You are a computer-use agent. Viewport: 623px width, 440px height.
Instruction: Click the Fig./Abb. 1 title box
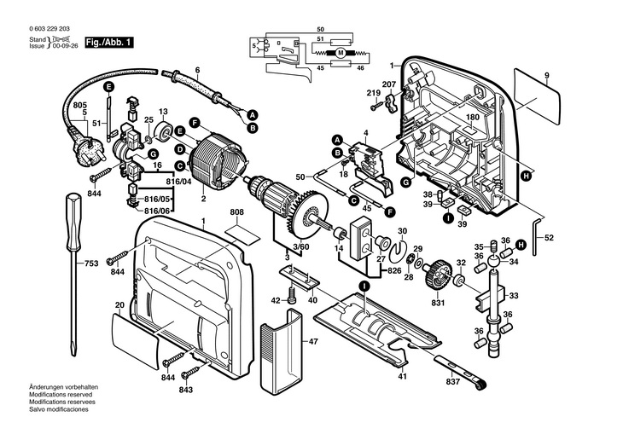point(109,43)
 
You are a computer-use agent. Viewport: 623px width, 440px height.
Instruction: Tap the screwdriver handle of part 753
point(74,222)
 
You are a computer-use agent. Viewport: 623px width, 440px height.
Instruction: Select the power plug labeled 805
point(86,151)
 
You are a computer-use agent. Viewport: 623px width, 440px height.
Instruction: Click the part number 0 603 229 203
point(49,29)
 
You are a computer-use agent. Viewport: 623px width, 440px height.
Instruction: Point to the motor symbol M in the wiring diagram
point(341,52)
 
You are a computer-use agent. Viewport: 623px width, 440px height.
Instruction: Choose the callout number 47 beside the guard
point(313,341)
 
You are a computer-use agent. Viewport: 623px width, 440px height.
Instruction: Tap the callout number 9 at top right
point(547,75)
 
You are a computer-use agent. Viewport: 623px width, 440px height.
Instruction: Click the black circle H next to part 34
point(521,245)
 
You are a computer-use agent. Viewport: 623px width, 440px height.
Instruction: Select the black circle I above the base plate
point(364,286)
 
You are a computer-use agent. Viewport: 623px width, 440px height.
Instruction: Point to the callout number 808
point(236,212)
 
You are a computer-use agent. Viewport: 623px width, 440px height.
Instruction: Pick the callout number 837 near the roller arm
point(453,382)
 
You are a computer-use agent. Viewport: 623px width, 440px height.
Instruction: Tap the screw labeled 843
point(190,373)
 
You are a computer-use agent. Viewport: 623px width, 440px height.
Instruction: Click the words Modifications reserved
point(61,394)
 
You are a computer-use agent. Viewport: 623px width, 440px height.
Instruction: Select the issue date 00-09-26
point(66,46)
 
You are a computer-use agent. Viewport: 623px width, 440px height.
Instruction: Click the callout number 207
point(389,84)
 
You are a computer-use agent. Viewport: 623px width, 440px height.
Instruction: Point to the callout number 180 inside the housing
point(473,118)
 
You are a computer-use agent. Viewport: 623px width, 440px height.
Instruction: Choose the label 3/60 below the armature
point(300,246)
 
